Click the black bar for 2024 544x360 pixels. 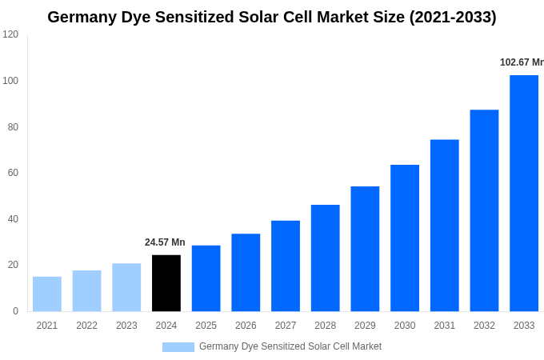point(166,283)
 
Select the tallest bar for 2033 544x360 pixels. point(524,193)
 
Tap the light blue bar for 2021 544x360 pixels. point(47,294)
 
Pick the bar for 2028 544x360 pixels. point(325,258)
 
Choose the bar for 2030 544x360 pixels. point(405,238)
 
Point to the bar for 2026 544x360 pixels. point(246,272)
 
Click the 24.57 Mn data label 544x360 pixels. point(165,242)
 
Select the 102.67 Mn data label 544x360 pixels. point(521,62)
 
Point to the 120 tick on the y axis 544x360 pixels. point(10,34)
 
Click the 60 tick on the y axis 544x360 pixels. point(13,173)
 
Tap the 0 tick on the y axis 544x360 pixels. point(15,311)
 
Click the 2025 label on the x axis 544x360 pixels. point(206,326)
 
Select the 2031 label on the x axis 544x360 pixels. point(444,326)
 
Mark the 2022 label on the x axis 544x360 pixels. point(86,326)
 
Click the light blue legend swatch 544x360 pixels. point(178,347)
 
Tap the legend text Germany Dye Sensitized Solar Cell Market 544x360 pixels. point(290,346)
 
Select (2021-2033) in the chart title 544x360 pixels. point(453,17)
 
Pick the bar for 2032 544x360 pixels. point(484,210)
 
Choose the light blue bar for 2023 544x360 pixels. point(126,287)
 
